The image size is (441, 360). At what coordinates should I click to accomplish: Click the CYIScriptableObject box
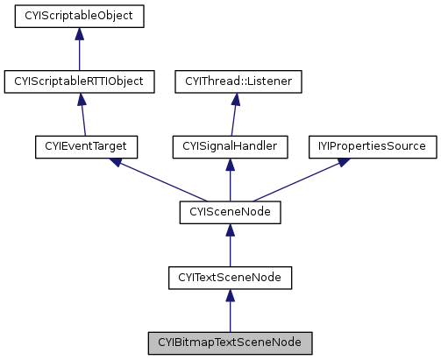(79, 16)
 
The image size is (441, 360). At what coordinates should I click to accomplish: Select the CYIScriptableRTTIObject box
(79, 81)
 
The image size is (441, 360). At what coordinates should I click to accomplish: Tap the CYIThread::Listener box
(239, 81)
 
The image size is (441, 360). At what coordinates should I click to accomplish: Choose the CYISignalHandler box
(230, 146)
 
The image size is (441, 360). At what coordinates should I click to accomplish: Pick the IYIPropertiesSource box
(372, 146)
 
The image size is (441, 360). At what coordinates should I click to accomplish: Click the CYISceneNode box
(230, 212)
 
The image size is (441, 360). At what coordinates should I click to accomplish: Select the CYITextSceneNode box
(230, 277)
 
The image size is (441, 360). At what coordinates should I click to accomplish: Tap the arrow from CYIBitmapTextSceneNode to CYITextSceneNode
(230, 310)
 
